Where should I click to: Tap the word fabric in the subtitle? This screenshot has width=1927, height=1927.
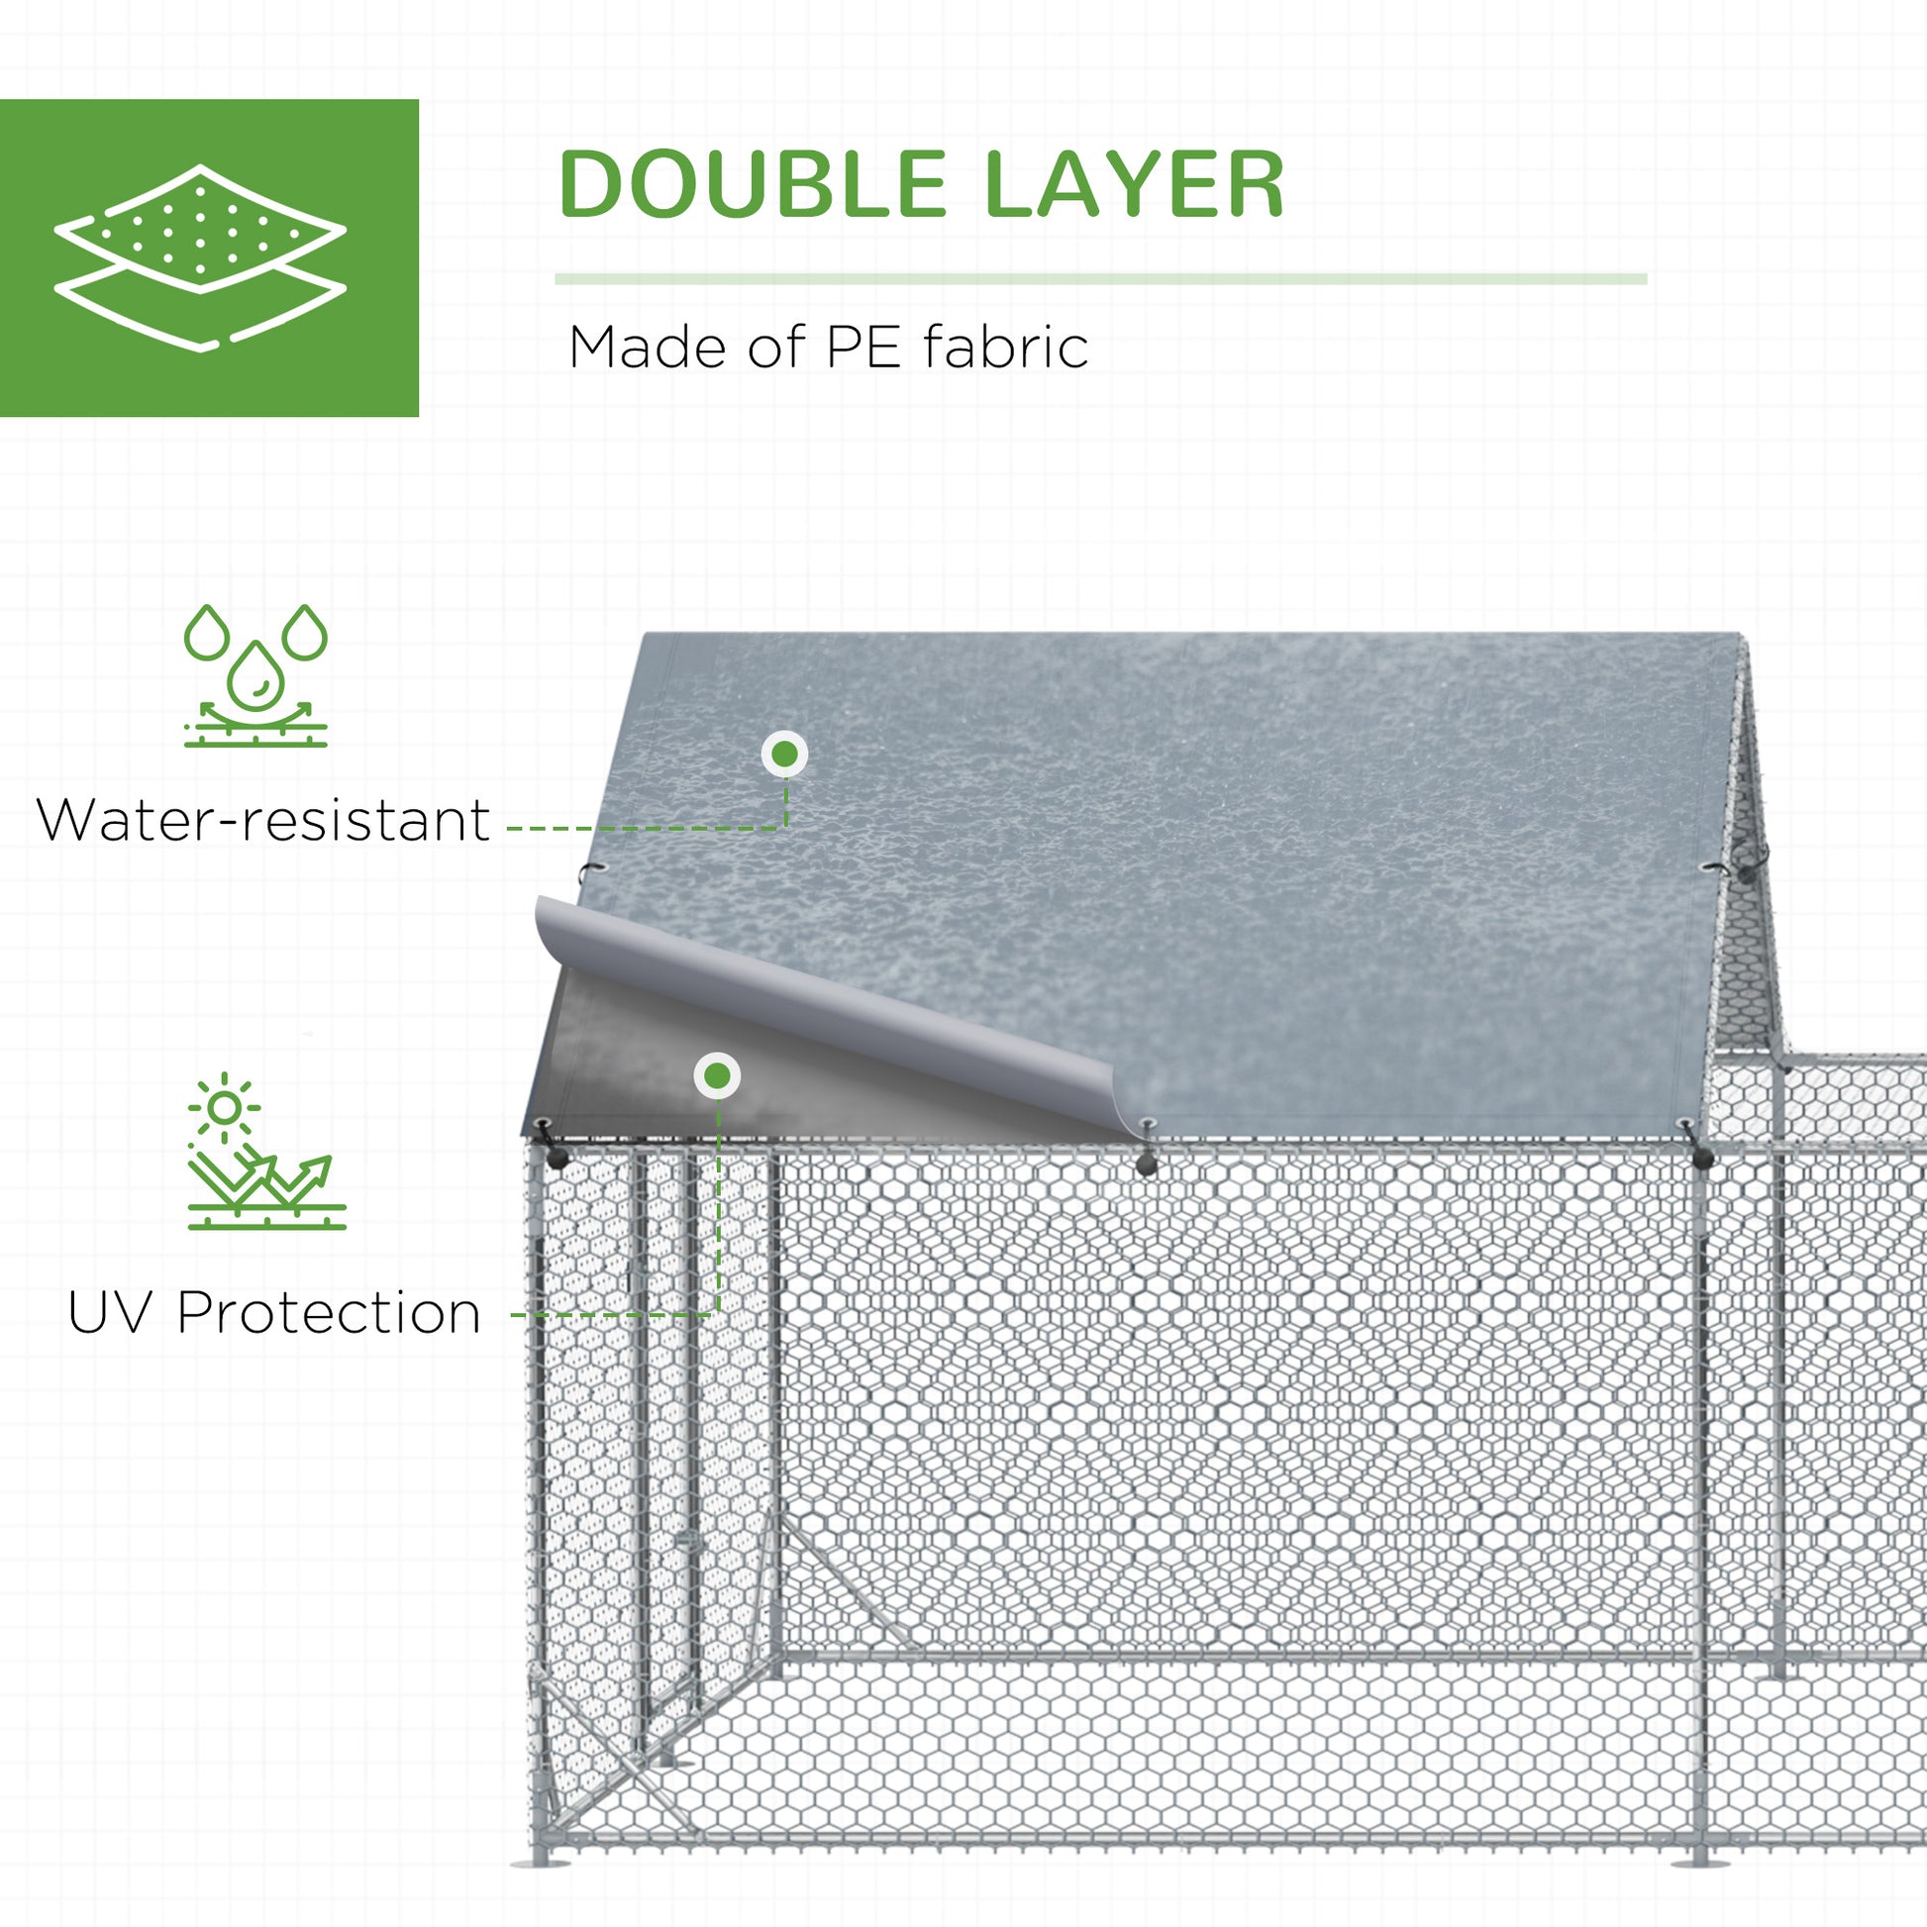pos(1005,348)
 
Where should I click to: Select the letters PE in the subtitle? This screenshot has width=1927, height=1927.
pos(864,349)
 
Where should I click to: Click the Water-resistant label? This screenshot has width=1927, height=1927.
pos(262,821)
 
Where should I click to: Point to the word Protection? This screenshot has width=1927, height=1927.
pos(329,1314)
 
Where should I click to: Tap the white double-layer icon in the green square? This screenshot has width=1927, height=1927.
pos(200,257)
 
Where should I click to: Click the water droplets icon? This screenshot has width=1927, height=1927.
pos(255,675)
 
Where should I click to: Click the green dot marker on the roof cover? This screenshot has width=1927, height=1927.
pos(785,754)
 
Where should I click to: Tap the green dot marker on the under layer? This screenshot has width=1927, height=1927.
pos(717,1076)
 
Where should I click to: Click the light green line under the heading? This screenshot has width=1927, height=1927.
pos(1101,279)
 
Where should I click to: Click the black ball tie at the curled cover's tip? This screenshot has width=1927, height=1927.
pos(1147,1164)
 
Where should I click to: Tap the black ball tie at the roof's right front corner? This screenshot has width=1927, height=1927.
pos(1702,1157)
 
